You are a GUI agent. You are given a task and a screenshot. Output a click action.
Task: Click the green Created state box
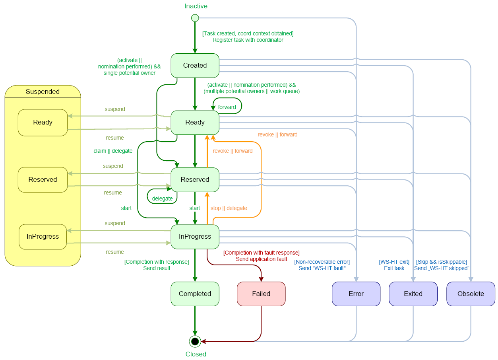click(195, 66)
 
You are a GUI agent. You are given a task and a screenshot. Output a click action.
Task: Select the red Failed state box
click(261, 294)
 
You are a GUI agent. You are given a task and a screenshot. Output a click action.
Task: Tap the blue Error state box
click(356, 294)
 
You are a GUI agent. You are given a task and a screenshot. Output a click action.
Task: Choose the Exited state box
click(413, 294)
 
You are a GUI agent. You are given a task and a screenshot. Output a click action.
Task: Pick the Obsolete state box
click(471, 294)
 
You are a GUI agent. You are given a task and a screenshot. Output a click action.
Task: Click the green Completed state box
click(195, 294)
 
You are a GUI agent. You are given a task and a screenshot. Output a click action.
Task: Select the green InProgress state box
click(195, 237)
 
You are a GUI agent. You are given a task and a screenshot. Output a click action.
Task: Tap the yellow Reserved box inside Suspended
click(43, 180)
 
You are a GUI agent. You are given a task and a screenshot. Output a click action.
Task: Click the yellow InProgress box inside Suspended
click(43, 237)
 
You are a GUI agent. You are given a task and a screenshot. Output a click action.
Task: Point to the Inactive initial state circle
click(195, 18)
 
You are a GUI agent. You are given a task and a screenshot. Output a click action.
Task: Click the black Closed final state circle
click(195, 341)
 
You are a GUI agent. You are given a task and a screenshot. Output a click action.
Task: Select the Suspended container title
click(43, 92)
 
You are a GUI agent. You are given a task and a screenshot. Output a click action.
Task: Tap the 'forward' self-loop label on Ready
click(227, 107)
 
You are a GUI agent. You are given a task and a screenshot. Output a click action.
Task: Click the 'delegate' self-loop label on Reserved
click(163, 198)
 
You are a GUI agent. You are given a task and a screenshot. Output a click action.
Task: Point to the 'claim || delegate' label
click(113, 151)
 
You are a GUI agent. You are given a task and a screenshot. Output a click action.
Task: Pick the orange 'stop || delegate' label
click(229, 208)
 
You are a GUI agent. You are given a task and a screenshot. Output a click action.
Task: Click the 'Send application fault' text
click(262, 259)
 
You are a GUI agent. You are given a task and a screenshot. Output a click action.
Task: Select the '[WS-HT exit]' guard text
click(394, 262)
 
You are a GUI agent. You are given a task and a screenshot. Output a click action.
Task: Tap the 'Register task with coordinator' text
click(248, 40)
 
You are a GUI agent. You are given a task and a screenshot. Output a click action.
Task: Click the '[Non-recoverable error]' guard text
click(322, 262)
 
